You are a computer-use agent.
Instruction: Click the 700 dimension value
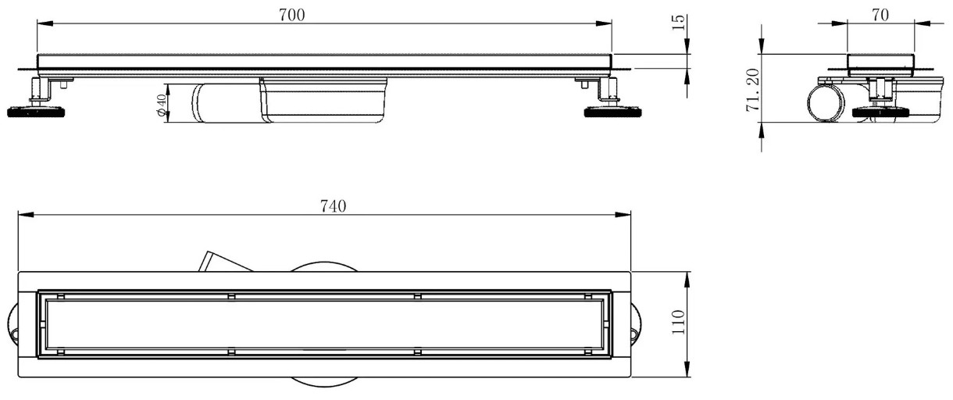[x=292, y=16]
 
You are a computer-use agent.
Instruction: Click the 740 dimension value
[x=333, y=206]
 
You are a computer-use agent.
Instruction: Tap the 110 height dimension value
[x=678, y=322]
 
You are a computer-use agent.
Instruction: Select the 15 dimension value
[x=679, y=22]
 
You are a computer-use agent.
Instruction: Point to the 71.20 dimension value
[x=753, y=90]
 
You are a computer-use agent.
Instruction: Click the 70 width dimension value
[x=880, y=16]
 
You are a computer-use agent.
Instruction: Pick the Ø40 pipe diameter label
[x=161, y=105]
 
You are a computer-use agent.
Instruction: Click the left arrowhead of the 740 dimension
[x=26, y=215]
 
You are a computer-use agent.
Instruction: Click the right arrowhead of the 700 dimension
[x=604, y=24]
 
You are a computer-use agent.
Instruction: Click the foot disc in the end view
[x=881, y=112]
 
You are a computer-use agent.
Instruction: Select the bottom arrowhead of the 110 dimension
[x=687, y=369]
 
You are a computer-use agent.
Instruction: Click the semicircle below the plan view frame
[x=324, y=383]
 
